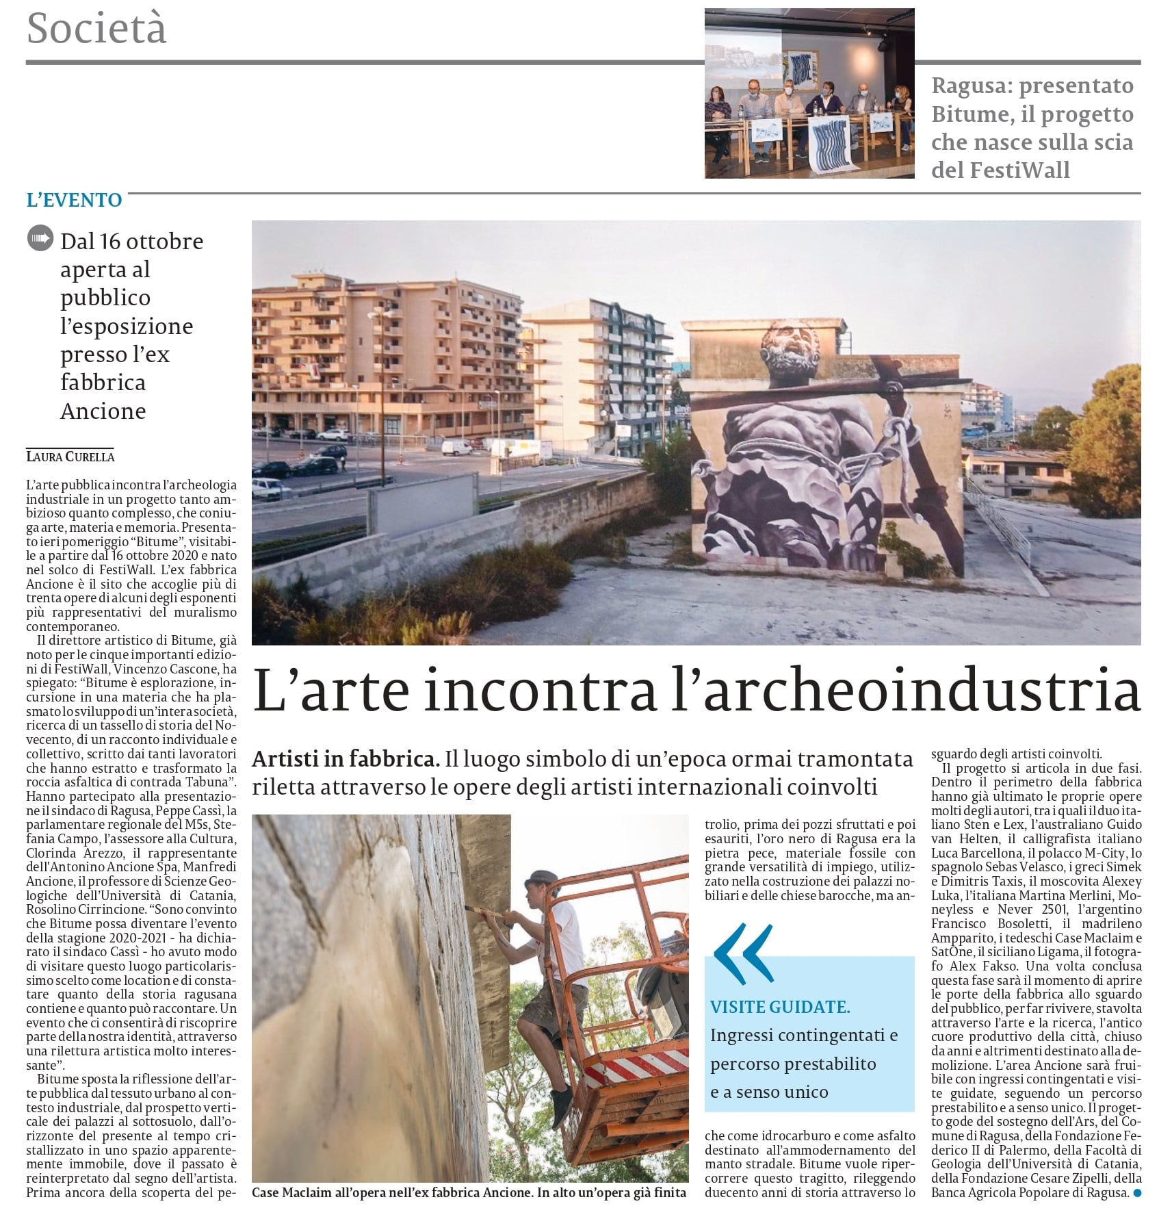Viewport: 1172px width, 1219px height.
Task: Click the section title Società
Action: (96, 29)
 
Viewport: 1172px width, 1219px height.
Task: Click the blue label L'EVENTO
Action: (74, 200)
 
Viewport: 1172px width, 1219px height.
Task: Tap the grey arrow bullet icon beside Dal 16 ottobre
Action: (40, 239)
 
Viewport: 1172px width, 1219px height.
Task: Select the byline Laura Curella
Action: (70, 457)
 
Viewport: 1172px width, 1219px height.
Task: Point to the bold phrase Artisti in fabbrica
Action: (346, 759)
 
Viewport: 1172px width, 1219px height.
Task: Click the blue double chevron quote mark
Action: (743, 953)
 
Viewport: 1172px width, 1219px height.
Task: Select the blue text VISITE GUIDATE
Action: (780, 1007)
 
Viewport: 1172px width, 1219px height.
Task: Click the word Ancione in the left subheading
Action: (103, 411)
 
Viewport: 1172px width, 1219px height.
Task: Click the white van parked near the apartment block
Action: (458, 448)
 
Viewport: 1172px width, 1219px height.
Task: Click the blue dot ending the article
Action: (1137, 1192)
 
